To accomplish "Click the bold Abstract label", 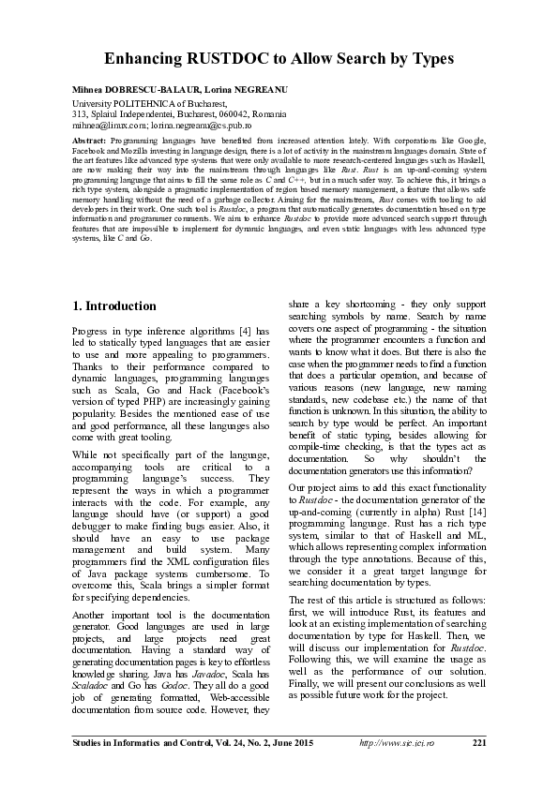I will pos(89,138).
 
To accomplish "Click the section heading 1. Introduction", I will pos(114,306).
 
